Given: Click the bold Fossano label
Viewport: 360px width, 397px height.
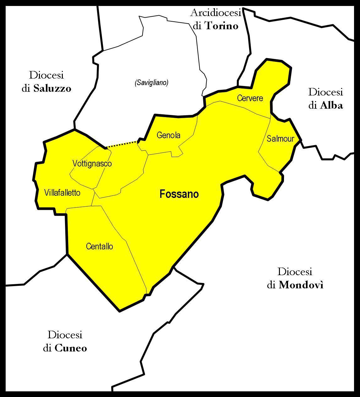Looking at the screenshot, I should click(179, 194).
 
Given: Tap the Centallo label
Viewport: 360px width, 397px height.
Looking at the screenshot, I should click(99, 247).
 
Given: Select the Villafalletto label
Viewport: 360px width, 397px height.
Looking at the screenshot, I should click(62, 193).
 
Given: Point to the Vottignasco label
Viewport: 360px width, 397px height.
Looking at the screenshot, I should click(92, 164).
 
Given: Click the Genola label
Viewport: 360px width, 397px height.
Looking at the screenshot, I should click(168, 135).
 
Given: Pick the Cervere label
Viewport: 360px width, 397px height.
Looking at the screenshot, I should click(250, 98).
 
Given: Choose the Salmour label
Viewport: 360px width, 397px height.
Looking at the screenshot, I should click(280, 139).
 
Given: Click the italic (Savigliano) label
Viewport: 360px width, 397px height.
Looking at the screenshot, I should click(151, 83).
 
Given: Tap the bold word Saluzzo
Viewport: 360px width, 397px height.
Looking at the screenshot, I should click(52, 89).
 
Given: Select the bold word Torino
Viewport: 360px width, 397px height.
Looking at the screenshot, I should click(221, 26).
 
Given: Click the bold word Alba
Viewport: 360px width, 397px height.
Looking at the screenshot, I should click(331, 106).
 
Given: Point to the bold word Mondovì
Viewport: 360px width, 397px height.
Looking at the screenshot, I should click(301, 285).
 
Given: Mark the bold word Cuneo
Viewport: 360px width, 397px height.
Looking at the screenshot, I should click(71, 348).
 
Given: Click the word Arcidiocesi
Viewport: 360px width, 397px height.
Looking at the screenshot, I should click(215, 13).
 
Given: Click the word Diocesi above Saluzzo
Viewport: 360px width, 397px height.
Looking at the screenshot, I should click(46, 75).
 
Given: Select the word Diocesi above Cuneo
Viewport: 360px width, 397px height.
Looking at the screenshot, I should click(65, 335).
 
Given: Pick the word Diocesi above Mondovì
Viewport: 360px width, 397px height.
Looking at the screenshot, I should click(295, 272).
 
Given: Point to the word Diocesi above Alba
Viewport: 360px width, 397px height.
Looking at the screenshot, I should click(325, 92).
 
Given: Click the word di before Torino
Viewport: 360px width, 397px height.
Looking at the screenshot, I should click(197, 26).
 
